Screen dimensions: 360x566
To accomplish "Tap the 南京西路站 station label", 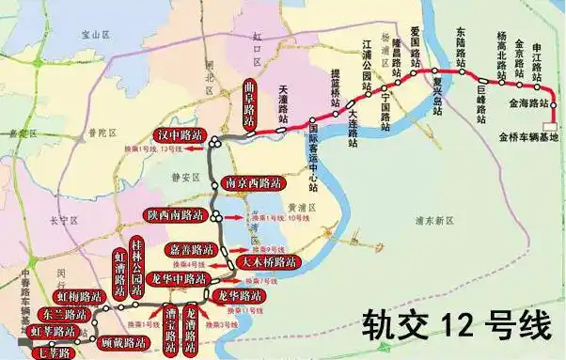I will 250,183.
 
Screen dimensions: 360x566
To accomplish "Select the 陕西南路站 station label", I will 175,215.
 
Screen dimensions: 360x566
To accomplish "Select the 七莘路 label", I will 51,352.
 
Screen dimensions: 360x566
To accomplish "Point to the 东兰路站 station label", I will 64,315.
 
